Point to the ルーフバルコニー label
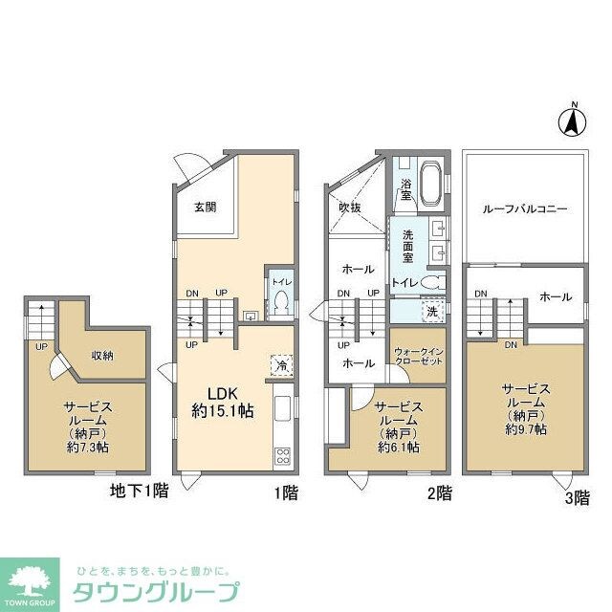tap(525, 207)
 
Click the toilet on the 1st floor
tap(281, 303)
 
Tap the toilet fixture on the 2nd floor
tap(431, 283)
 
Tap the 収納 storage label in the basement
tap(102, 356)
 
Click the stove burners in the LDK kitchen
tap(284, 455)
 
